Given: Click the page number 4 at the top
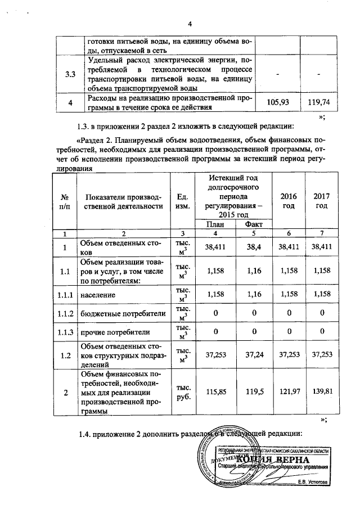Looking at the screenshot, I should click(x=190, y=24).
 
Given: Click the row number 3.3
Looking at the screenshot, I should click(x=70, y=75).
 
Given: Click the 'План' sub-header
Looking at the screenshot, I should click(x=220, y=224).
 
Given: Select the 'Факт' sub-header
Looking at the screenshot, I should click(x=254, y=224).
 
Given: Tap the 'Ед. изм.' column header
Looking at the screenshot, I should click(x=183, y=201).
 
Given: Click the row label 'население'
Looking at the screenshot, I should click(x=98, y=294).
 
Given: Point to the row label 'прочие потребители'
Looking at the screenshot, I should click(x=111, y=332).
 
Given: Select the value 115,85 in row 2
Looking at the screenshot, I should click(x=220, y=392).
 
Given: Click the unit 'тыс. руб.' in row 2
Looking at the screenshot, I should click(x=183, y=392).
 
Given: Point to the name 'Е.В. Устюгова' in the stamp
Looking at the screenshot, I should click(x=312, y=482).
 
